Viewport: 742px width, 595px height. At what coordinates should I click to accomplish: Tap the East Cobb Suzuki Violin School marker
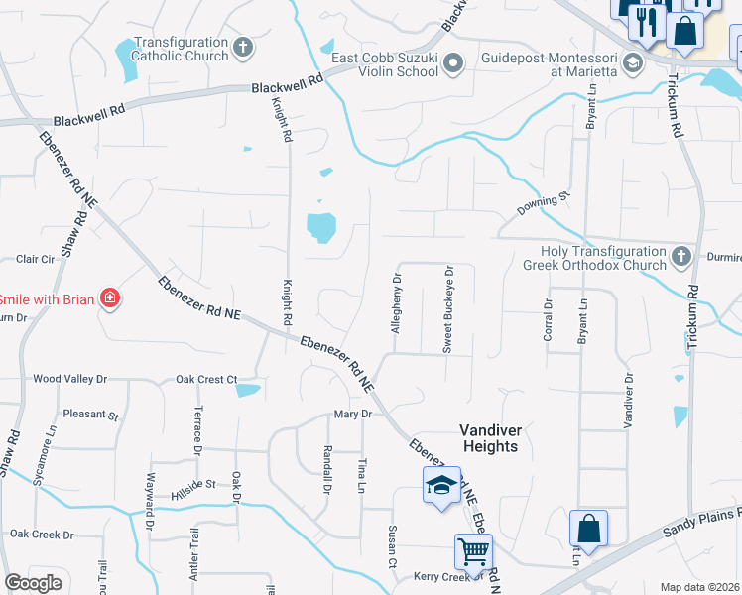[454, 65]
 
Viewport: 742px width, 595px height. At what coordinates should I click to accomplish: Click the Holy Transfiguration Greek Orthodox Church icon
[680, 258]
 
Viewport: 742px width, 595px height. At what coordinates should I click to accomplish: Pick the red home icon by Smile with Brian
[110, 297]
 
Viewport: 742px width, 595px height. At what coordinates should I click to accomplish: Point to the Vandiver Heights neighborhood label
[490, 437]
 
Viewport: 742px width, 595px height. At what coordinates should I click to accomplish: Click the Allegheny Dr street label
[396, 302]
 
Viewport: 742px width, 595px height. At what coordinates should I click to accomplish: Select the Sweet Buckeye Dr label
[448, 307]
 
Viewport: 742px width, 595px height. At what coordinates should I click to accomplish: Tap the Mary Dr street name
[353, 415]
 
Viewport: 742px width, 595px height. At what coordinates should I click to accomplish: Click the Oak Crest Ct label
[206, 379]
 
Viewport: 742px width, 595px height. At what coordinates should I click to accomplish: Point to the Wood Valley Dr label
[69, 379]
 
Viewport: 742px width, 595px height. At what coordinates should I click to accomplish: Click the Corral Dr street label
[548, 318]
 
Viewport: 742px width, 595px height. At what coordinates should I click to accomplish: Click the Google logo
[33, 584]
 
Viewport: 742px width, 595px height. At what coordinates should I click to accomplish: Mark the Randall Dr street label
[326, 469]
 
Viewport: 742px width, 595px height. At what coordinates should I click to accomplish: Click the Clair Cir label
[35, 259]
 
